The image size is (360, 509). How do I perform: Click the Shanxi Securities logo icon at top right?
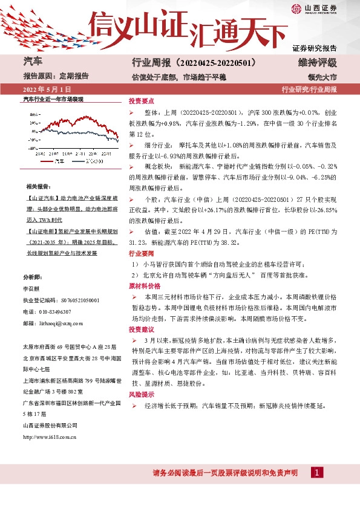297,8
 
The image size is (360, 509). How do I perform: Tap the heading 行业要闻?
142,254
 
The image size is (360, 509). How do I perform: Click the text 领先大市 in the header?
321,77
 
